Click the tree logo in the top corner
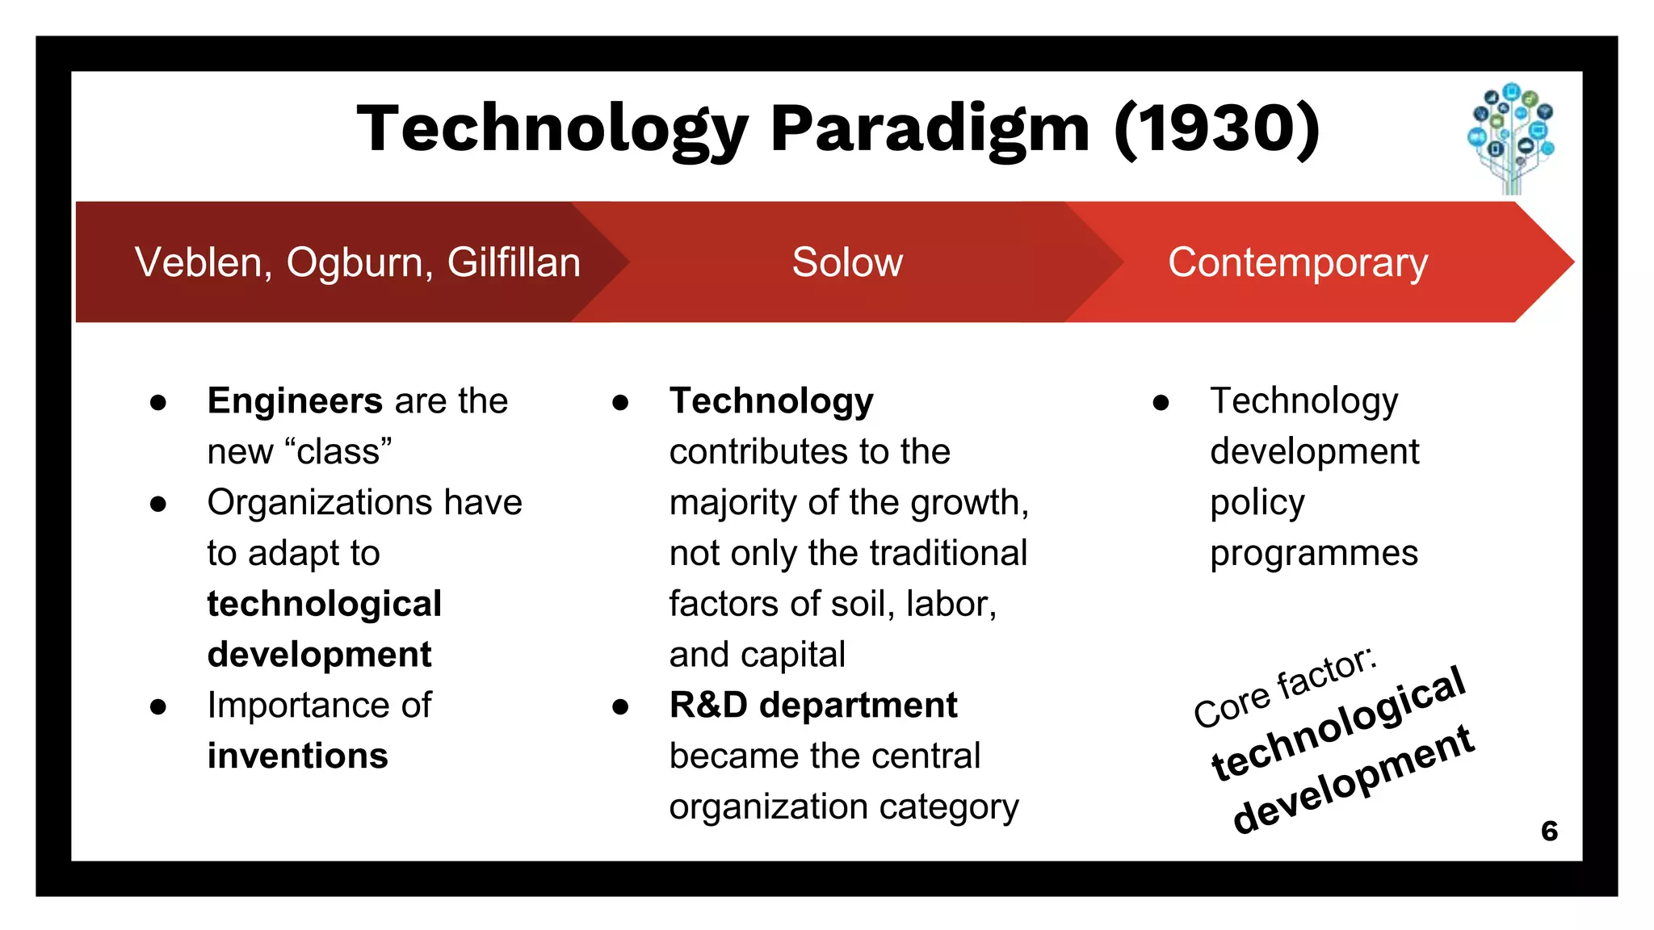tap(1511, 137)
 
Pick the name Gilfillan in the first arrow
tap(514, 262)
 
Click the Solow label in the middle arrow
tap(847, 262)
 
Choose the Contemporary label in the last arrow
tap(1298, 262)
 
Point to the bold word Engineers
tap(295, 400)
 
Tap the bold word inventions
tap(298, 756)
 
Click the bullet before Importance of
tap(158, 707)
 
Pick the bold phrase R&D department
tap(812, 706)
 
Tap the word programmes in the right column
tap(1314, 554)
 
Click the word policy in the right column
tap(1257, 503)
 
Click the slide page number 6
tap(1549, 831)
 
